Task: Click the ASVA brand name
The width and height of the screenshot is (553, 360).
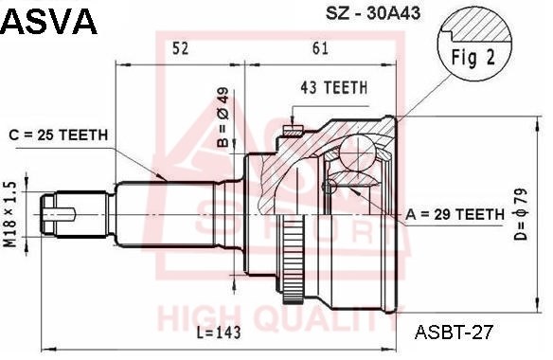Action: coord(49,21)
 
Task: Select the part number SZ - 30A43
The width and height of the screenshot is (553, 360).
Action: coord(373,13)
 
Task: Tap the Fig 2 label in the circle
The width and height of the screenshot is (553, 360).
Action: coord(473,58)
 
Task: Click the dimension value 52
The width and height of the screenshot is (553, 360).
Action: coord(180,48)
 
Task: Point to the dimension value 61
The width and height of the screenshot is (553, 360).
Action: coord(320,48)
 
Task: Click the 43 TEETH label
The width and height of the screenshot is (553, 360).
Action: coord(333,87)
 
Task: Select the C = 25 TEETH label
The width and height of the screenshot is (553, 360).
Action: coord(58,135)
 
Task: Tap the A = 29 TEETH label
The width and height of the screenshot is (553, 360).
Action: coord(455,214)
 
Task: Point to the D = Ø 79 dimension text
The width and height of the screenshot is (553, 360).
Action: coord(521,214)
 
